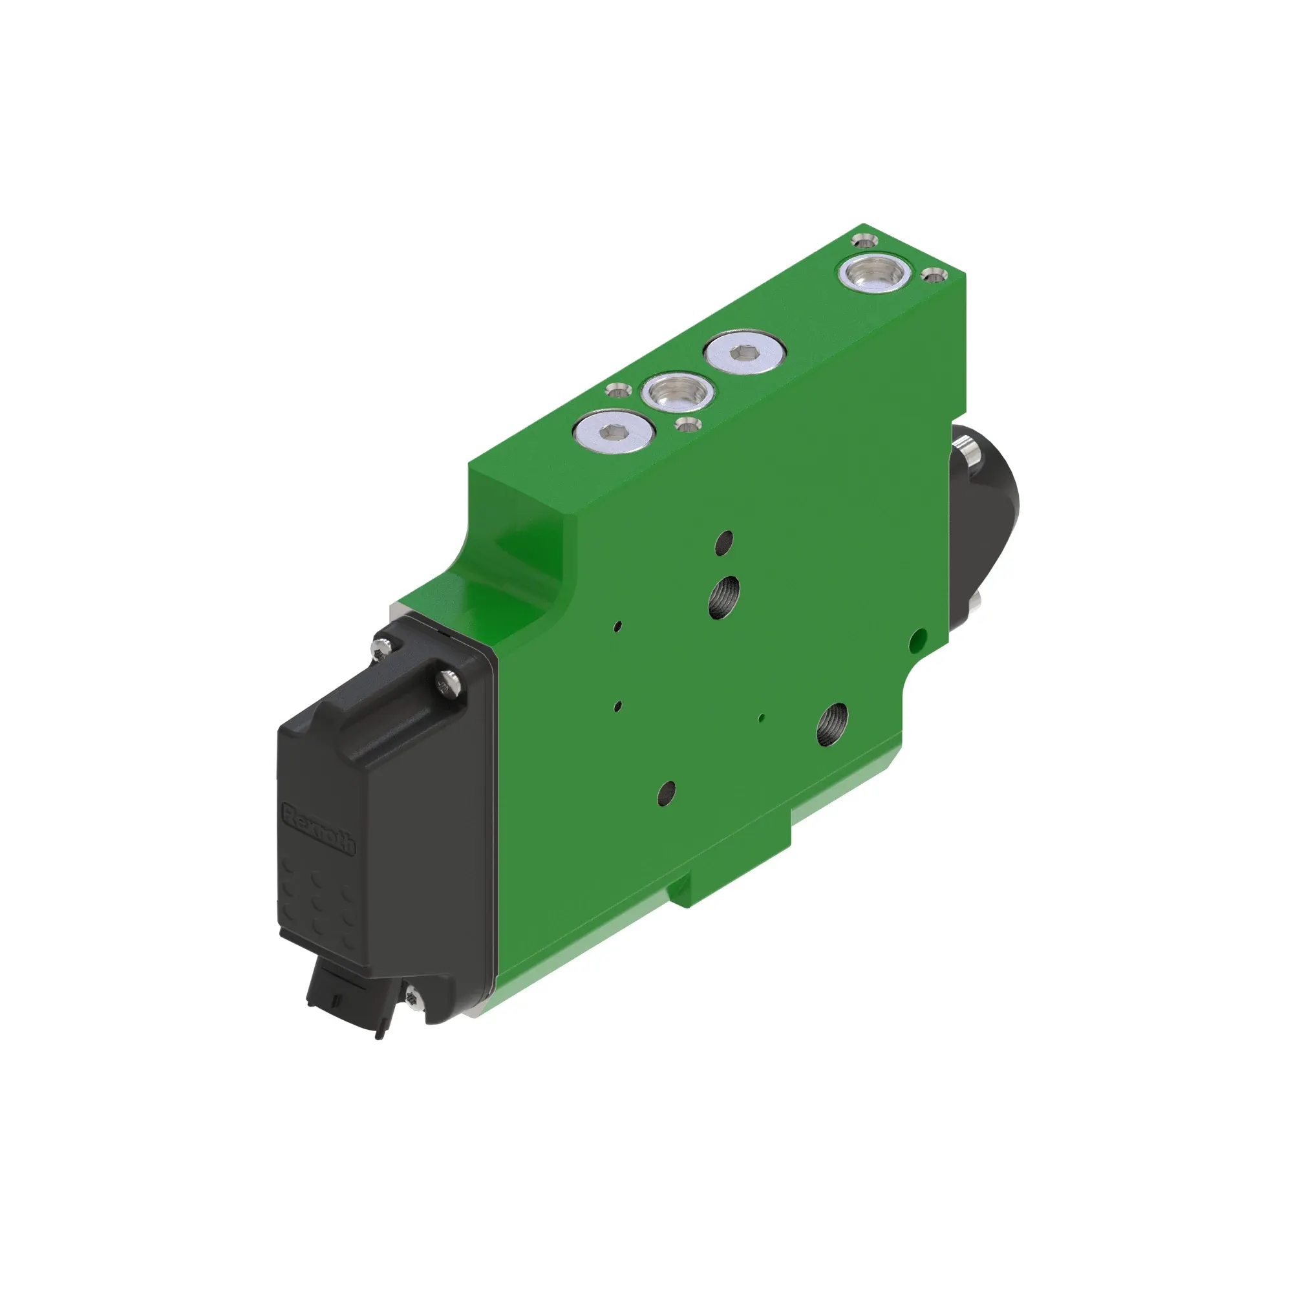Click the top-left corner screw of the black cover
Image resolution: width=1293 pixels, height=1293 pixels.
click(x=381, y=646)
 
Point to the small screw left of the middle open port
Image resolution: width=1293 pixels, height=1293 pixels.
click(x=615, y=389)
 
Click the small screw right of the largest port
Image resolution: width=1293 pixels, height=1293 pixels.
click(x=934, y=273)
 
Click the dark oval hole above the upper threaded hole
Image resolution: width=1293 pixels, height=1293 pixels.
click(x=724, y=542)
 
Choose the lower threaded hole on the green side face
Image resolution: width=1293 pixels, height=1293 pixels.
click(x=832, y=725)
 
